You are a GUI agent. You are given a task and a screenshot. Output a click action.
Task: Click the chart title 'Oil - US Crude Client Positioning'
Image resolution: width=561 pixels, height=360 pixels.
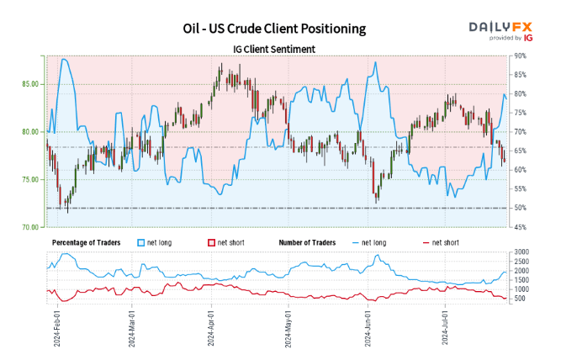tap(274, 28)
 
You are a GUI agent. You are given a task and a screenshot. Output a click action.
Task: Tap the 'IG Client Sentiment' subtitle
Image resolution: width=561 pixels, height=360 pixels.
tap(274, 49)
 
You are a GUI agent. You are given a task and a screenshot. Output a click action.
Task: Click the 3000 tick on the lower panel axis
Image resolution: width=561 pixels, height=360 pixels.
tap(521, 252)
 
